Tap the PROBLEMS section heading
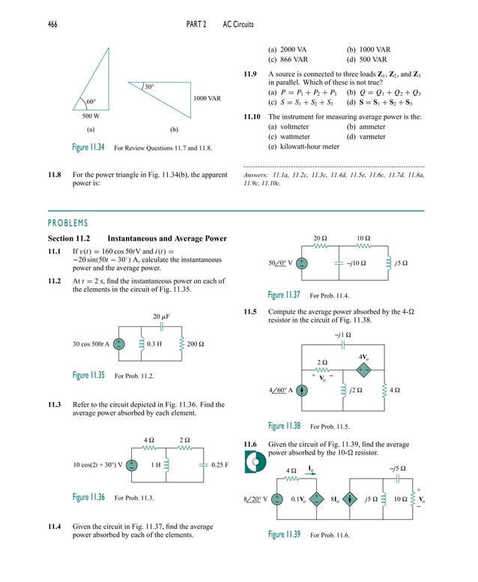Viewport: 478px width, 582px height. (67, 223)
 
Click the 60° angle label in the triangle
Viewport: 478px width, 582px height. (91, 101)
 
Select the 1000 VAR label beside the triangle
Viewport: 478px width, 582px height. (207, 98)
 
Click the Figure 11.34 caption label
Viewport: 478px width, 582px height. (88, 147)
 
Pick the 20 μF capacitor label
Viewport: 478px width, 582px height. (162, 317)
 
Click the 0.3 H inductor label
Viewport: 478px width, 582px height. (156, 344)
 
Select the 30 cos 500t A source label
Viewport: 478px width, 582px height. (91, 344)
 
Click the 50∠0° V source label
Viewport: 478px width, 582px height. (280, 263)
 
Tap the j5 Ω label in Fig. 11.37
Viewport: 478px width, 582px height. (401, 263)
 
